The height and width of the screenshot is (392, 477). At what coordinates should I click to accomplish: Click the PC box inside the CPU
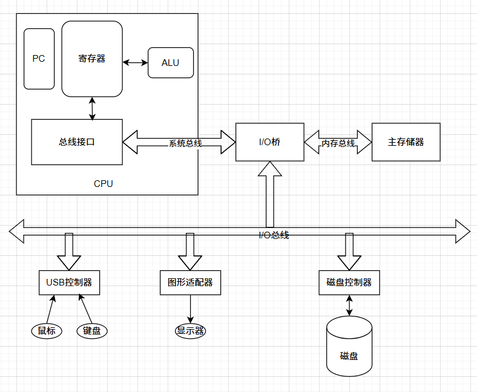pos(39,59)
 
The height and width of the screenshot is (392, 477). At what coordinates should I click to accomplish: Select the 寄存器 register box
pos(92,59)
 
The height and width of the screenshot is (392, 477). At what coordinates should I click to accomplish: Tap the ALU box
pos(171,63)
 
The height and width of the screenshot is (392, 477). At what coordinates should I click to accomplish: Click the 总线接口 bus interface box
pos(77,142)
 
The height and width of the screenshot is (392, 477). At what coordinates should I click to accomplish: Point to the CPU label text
pos(104,183)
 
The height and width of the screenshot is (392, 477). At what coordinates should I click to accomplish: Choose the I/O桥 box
pos(270,142)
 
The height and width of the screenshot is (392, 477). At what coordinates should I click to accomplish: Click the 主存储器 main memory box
pos(406,142)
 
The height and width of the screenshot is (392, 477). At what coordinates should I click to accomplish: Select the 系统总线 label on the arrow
pos(185,143)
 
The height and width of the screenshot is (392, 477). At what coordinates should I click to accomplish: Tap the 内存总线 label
pos(338,143)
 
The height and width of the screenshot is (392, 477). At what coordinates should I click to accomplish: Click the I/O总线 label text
pos(274,235)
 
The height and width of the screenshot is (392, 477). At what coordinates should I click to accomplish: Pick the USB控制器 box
pos(69,283)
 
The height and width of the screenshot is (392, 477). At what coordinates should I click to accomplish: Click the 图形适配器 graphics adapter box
pos(190,283)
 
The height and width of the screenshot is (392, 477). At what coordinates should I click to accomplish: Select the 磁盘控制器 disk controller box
pos(349,283)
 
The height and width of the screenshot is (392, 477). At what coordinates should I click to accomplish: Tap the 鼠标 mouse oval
pos(47,331)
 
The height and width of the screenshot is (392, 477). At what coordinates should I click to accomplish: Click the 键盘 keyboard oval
pos(92,331)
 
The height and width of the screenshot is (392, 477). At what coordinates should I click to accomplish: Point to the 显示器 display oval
pos(190,331)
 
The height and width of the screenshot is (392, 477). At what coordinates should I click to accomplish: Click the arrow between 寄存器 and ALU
pos(135,62)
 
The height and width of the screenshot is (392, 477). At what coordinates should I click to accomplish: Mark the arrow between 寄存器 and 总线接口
pos(92,108)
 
